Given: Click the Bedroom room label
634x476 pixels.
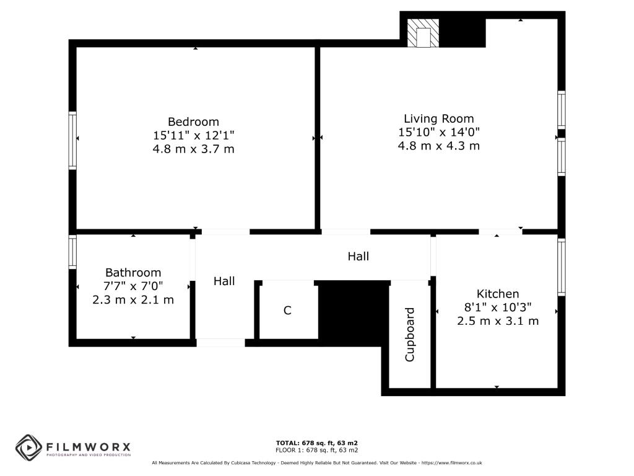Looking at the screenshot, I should (x=193, y=121).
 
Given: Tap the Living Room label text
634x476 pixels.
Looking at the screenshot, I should (x=439, y=118).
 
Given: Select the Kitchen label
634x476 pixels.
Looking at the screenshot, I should (x=498, y=294).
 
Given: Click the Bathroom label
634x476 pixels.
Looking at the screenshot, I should (x=133, y=272).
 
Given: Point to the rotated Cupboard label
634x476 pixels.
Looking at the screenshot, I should (x=409, y=335).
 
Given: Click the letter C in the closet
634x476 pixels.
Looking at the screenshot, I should (x=287, y=311).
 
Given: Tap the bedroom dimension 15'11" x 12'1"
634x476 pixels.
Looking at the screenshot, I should (x=193, y=135).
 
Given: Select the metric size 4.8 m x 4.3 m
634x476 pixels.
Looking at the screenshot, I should (x=439, y=146).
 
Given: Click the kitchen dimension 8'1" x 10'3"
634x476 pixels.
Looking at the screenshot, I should (x=498, y=307).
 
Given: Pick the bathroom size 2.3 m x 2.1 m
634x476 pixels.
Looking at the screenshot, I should (x=133, y=299).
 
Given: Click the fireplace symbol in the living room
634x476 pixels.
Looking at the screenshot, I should (x=423, y=33).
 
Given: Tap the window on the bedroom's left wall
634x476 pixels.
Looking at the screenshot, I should (x=72, y=140).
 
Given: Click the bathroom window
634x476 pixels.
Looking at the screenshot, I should (x=72, y=252).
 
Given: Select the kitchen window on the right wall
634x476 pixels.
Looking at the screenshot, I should (x=562, y=267).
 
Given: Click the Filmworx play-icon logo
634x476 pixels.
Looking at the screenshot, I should (x=28, y=447).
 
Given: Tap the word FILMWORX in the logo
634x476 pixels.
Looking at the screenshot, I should (x=89, y=446).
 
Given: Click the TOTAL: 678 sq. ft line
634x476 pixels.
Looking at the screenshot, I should (x=316, y=443).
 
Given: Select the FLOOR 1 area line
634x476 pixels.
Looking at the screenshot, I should (x=316, y=450).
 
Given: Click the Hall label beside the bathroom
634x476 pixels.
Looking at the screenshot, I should (x=224, y=281).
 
